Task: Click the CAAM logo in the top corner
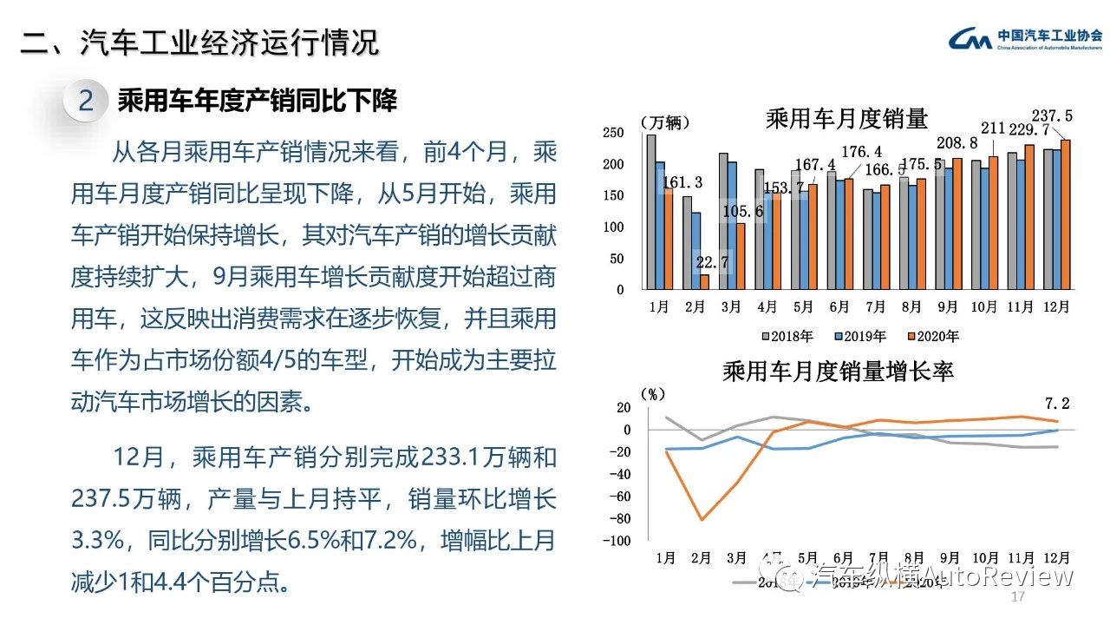(1026, 39)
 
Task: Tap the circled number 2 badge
(86, 101)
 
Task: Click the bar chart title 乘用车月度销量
(846, 119)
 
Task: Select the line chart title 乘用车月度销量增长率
(838, 372)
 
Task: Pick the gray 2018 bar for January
(651, 212)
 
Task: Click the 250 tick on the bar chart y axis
(613, 133)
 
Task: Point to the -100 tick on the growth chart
(618, 541)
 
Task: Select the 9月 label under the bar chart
(948, 306)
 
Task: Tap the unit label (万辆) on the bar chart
(664, 122)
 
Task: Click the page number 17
(1018, 599)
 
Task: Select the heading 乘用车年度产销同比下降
(257, 101)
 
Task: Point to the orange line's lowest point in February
(702, 520)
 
